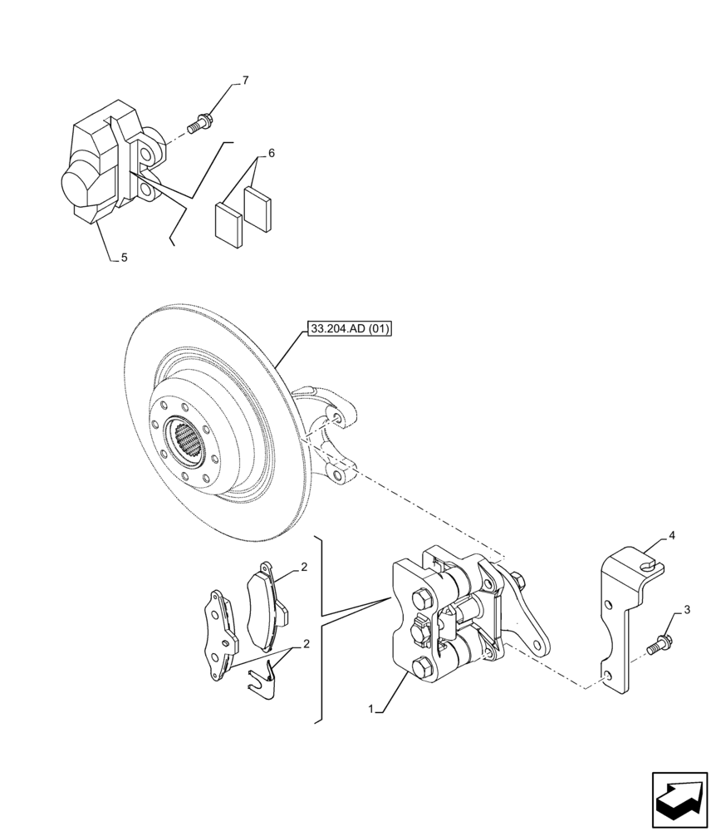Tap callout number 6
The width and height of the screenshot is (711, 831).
click(271, 154)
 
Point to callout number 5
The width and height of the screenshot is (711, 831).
click(124, 258)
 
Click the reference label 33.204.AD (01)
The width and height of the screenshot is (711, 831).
click(350, 329)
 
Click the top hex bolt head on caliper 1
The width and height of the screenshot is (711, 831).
click(420, 597)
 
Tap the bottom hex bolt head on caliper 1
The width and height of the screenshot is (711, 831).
click(420, 666)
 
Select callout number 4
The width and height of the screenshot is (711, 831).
click(671, 536)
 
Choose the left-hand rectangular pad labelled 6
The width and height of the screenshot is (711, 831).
click(228, 222)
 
